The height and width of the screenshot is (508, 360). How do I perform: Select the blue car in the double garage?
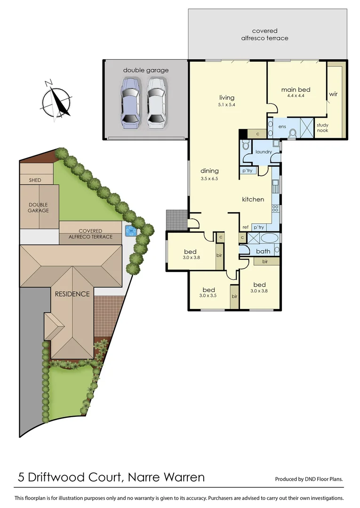[x=131, y=103]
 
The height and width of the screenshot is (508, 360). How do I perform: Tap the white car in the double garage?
[x=157, y=103]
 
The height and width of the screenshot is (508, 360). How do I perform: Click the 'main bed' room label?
[x=296, y=89]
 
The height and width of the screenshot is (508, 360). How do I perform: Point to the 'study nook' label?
[x=322, y=127]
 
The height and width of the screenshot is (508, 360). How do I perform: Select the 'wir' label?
[x=333, y=94]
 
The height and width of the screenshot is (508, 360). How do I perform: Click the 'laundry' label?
[x=264, y=152]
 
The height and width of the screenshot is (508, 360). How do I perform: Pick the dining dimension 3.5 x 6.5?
[x=209, y=179]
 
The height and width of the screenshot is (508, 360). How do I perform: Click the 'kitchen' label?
[x=253, y=199]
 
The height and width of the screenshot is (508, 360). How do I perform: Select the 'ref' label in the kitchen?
[x=245, y=227]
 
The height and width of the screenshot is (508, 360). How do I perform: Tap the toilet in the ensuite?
[x=293, y=134]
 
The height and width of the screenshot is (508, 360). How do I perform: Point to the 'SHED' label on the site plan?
[x=35, y=180]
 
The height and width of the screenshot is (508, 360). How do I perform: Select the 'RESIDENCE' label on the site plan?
[x=72, y=294]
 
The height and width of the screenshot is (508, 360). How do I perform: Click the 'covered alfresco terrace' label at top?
[x=270, y=34]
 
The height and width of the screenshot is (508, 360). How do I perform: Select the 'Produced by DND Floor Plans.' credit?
[x=309, y=479]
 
